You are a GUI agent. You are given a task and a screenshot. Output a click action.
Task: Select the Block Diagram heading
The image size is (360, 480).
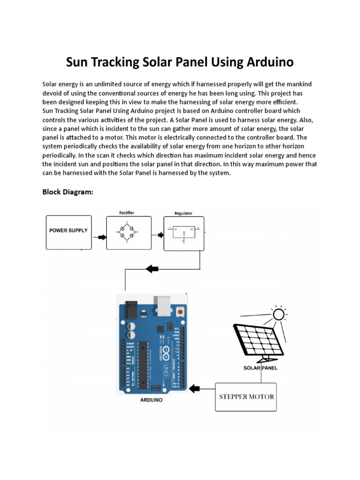pos(67,192)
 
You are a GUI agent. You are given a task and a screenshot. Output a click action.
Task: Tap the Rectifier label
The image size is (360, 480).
pos(127,213)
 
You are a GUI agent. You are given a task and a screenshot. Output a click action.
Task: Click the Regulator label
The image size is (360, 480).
pos(183,213)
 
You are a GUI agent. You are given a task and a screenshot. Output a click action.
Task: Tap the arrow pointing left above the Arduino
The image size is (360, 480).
pos(152,269)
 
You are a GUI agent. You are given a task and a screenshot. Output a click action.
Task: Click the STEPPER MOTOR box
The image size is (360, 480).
pos(246,397)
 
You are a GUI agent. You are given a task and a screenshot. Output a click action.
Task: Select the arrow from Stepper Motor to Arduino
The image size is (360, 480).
pos(194,388)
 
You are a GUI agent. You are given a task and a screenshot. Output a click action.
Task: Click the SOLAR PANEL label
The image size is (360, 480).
pos(260,368)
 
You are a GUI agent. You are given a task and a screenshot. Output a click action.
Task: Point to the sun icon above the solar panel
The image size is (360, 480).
pos(278,314)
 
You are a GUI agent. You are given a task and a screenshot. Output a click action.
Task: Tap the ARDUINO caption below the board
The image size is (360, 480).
pos(151,400)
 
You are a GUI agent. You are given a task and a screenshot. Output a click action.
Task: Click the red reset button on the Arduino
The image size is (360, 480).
pos(180,311)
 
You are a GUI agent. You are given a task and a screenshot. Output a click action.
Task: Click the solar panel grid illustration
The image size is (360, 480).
pos(258,339)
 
